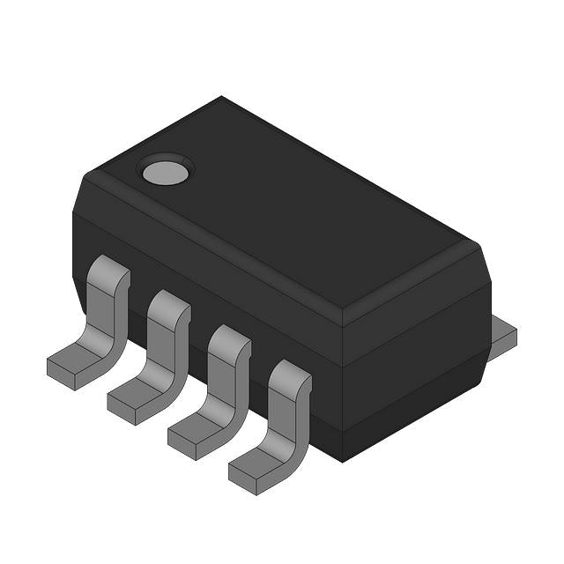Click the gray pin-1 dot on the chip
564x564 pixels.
pos(166,171)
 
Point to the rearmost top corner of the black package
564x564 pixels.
pos(221,98)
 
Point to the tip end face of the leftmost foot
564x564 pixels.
pos(60,377)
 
